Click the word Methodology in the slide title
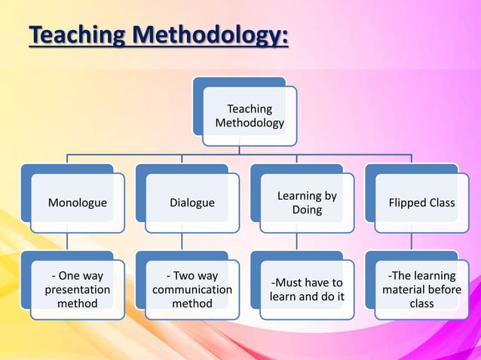point(207,35)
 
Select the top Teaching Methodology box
point(250,115)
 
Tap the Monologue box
point(77,203)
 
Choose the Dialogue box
point(191,203)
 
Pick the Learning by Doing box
point(307,203)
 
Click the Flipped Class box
point(421,203)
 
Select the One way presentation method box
point(77,290)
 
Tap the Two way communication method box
point(191,290)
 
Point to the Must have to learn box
point(307,290)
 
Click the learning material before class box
point(421,290)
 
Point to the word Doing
point(307,210)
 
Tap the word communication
point(192,290)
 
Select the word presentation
point(77,290)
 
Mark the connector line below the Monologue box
point(67,242)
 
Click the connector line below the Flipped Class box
point(412,242)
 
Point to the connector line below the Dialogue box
point(182,242)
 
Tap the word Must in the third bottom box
point(286,283)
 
